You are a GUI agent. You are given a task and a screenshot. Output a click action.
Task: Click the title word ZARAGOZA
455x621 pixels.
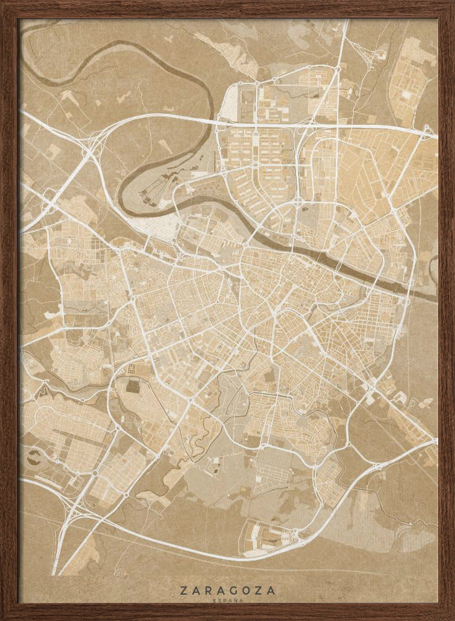click(x=227, y=591)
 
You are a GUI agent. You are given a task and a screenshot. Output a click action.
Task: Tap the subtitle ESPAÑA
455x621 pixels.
click(x=227, y=601)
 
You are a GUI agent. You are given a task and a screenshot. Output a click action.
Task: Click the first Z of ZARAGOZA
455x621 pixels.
click(x=184, y=591)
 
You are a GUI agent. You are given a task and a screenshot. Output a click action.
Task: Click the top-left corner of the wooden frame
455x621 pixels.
click(x=3, y=3)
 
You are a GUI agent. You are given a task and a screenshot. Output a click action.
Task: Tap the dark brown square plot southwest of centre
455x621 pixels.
click(x=133, y=386)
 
